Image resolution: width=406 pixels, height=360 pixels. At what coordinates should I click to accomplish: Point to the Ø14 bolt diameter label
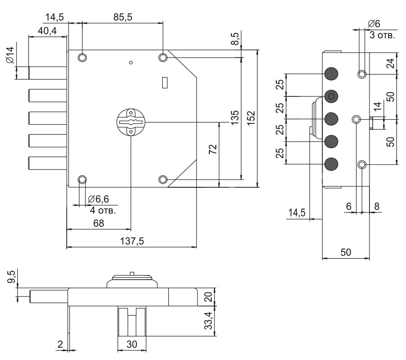pyautogui.click(x=10, y=55)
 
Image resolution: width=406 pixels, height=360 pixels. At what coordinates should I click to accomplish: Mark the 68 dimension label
pyautogui.click(x=98, y=223)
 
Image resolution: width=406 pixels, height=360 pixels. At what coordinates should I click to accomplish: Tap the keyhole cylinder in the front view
pyautogui.click(x=131, y=122)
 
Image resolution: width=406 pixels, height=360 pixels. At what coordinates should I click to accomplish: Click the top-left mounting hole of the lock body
pyautogui.click(x=82, y=58)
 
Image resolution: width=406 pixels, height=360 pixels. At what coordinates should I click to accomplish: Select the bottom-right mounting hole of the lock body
pyautogui.click(x=163, y=179)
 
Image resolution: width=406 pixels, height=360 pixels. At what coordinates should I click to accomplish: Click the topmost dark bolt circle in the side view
pyautogui.click(x=331, y=74)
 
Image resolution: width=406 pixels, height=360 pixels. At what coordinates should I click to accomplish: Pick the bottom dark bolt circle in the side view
pyautogui.click(x=331, y=164)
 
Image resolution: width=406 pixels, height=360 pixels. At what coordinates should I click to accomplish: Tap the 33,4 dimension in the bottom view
pyautogui.click(x=209, y=322)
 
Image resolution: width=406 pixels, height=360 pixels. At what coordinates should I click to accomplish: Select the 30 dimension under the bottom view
pyautogui.click(x=132, y=344)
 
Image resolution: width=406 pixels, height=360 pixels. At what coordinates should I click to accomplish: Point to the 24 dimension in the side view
pyautogui.click(x=390, y=63)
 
